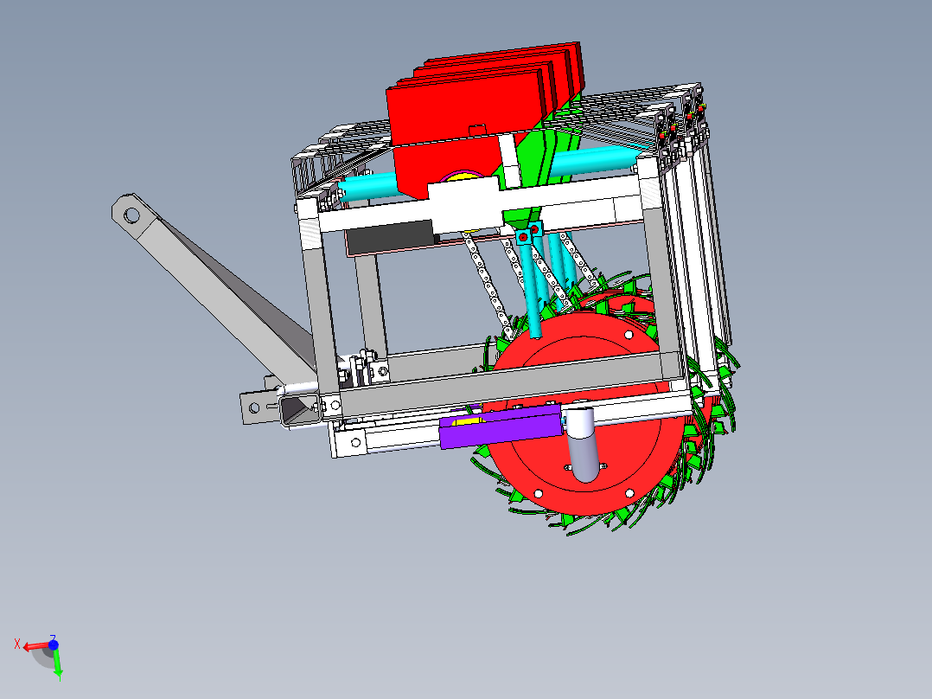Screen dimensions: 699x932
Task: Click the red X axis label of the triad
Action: click(x=17, y=643)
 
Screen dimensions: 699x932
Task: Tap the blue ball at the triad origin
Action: click(x=53, y=644)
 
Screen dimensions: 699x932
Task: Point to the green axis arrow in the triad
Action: click(x=57, y=664)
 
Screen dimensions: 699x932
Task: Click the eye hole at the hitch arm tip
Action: click(x=131, y=212)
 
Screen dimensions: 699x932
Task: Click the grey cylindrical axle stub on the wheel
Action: click(x=584, y=446)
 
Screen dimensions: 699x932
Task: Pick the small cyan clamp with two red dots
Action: click(x=528, y=234)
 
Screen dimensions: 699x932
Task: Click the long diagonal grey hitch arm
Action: click(x=216, y=285)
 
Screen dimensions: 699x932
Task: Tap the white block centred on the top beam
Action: click(x=464, y=206)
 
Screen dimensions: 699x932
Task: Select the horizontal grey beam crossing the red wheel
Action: click(x=501, y=381)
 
